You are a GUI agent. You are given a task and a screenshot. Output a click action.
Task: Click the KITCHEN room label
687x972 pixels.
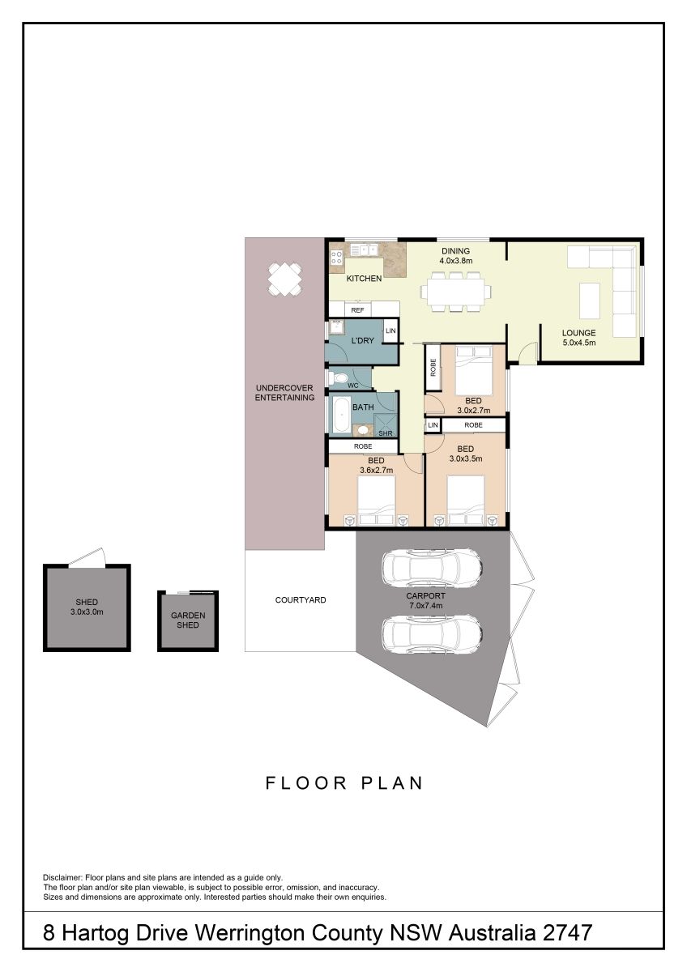click(x=364, y=279)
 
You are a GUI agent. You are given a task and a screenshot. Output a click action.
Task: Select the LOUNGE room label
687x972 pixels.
click(x=578, y=333)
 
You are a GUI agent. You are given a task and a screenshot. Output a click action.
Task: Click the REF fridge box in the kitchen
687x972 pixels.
click(x=357, y=309)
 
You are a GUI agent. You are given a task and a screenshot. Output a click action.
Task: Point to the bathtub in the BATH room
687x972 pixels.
click(x=342, y=416)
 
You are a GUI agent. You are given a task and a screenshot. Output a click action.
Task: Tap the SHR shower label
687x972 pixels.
click(x=386, y=433)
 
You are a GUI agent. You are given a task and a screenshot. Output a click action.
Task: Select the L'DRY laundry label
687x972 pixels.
click(x=362, y=341)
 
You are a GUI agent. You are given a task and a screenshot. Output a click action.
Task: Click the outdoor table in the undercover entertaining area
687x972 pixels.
click(x=284, y=280)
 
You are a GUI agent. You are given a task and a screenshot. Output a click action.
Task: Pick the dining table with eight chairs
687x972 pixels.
click(x=455, y=291)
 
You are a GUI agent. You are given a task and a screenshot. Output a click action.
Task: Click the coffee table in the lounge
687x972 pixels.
click(x=590, y=301)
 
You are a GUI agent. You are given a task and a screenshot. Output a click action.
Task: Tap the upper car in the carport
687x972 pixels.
click(x=432, y=567)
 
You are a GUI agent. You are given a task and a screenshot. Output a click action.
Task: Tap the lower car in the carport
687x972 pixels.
click(x=432, y=634)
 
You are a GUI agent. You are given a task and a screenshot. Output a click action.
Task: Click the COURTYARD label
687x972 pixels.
click(x=301, y=599)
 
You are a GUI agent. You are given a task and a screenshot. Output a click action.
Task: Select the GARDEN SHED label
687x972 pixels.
click(x=188, y=620)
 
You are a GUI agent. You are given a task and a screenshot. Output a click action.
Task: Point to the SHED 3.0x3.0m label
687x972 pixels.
click(x=87, y=607)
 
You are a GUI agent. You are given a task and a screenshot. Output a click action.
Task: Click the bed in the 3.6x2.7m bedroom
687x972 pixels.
click(x=376, y=501)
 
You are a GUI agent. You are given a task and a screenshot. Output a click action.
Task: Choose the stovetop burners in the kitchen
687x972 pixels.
click(x=336, y=258)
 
